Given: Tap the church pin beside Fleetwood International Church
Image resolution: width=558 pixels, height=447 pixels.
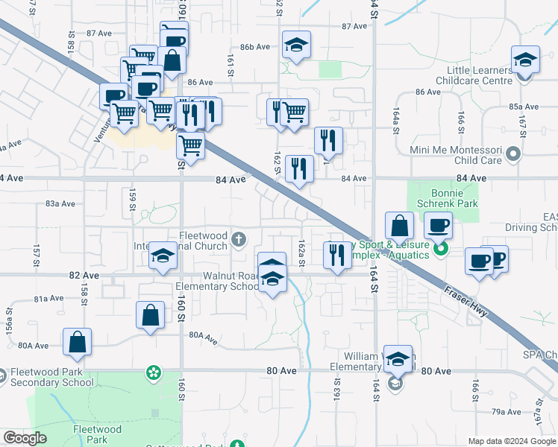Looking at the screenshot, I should click(x=238, y=239).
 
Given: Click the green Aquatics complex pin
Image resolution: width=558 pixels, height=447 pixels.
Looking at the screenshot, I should click(x=440, y=250).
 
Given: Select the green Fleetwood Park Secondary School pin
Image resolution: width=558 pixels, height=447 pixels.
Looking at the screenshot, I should click(x=153, y=371).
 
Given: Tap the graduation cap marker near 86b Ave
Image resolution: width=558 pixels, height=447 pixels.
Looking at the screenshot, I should click(x=296, y=45).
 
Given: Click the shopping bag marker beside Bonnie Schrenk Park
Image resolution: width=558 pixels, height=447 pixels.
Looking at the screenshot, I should click(x=400, y=225).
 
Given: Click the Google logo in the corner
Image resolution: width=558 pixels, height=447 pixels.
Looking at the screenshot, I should click(x=25, y=438).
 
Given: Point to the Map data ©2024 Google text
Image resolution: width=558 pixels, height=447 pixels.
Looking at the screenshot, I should click(x=512, y=441).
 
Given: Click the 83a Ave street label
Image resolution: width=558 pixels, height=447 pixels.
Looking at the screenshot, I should click(x=61, y=203).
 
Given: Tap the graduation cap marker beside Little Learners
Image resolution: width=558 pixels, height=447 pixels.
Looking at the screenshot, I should click(x=525, y=60).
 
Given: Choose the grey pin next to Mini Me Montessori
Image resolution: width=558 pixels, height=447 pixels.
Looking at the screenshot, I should click(x=512, y=155).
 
